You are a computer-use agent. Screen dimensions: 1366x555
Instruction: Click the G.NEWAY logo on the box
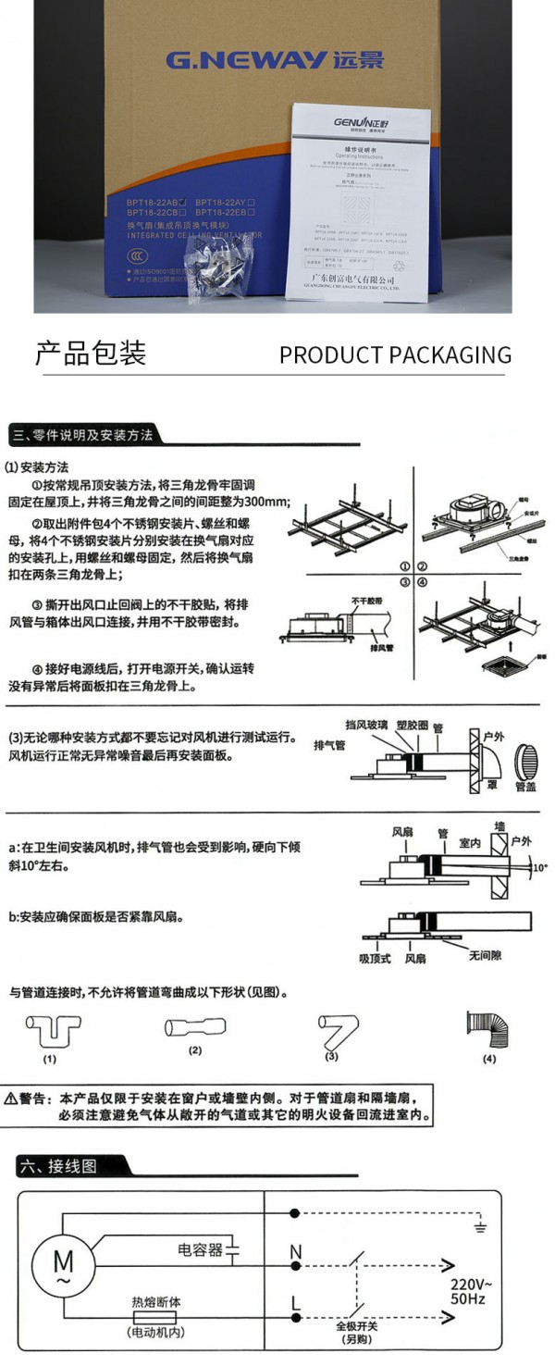tap(274, 60)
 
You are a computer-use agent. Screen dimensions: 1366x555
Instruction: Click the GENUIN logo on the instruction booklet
tap(360, 121)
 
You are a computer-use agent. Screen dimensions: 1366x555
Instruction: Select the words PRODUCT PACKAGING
tap(395, 355)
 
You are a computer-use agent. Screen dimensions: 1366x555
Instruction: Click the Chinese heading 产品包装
tap(91, 354)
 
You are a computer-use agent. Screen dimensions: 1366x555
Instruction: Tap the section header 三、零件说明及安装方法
tap(82, 434)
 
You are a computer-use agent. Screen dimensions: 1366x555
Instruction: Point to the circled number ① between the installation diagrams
tap(404, 566)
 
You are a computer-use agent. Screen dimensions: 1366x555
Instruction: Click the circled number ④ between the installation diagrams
tap(422, 583)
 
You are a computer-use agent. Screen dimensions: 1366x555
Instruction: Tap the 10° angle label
tap(538, 868)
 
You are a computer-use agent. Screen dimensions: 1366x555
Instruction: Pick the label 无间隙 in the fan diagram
tap(483, 954)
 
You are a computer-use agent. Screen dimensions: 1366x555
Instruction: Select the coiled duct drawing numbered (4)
tap(488, 1030)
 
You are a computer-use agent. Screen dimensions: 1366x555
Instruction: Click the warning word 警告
tap(37, 1099)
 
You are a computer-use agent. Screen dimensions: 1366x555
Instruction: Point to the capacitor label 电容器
tap(201, 1250)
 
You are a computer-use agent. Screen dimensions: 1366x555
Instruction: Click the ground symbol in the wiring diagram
tap(479, 1227)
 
